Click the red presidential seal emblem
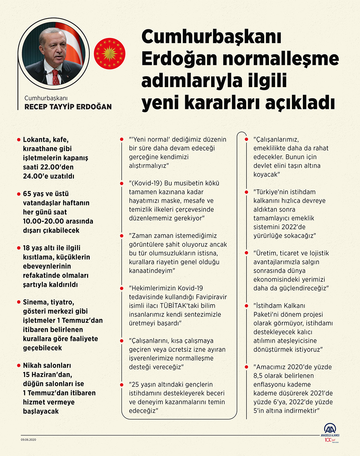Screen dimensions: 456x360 (109, 54)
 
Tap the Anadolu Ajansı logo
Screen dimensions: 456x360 (330, 430)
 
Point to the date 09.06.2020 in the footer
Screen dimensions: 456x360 (29, 440)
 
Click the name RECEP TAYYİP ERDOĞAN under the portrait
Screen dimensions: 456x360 (68, 107)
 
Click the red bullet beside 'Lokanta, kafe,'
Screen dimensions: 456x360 (19, 140)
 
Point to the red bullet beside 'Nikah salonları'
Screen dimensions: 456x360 (19, 366)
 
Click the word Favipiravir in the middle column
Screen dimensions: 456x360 (211, 297)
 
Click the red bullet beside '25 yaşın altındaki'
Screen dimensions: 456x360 (122, 385)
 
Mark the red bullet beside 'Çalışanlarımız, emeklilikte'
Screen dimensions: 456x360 (247, 140)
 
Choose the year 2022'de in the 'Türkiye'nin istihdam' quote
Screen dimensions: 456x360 (293, 227)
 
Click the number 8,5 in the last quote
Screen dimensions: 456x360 (260, 376)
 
